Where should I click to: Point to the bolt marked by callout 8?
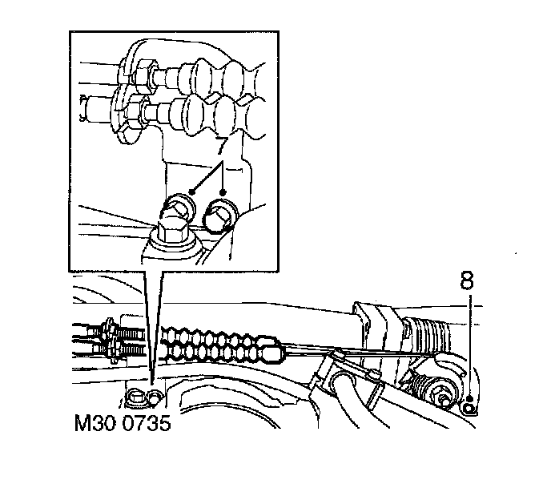click(x=469, y=406)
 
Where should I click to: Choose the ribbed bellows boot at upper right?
click(x=426, y=333)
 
